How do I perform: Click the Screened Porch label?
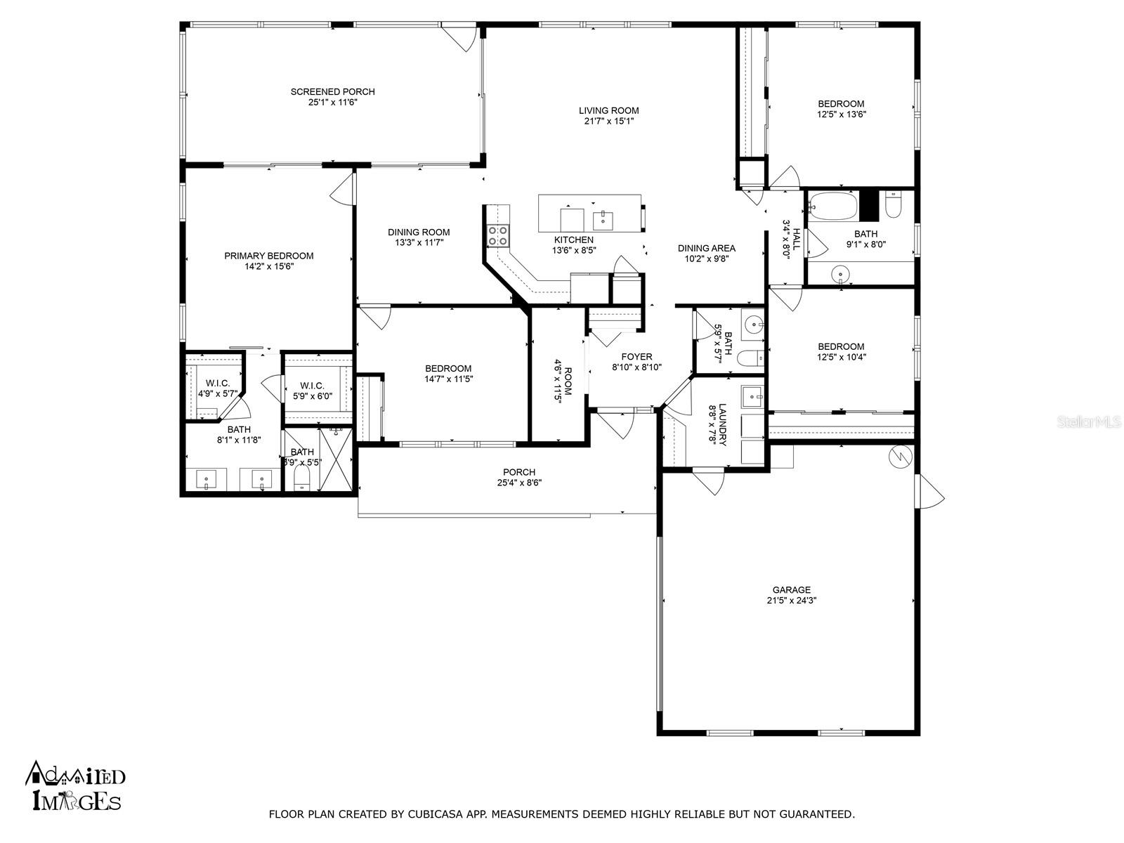point(332,91)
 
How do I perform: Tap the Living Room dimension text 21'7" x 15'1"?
point(609,122)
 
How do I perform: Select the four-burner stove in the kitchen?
point(498,236)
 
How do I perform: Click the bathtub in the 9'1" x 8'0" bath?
point(833,206)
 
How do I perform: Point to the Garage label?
point(791,589)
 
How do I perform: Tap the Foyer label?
point(636,357)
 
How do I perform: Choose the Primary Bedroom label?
point(269,256)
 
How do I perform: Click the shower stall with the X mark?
point(336,459)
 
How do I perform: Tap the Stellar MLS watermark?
point(1089,422)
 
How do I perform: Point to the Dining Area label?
point(707,248)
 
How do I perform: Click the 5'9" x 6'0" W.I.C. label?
point(312,386)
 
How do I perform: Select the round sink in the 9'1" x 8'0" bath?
point(840,275)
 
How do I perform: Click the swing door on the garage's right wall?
point(930,491)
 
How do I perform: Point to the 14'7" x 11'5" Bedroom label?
point(448,369)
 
